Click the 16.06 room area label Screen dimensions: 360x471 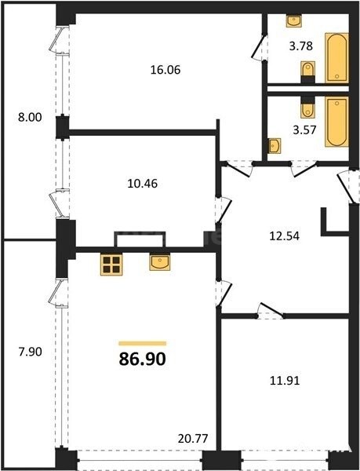click(x=165, y=70)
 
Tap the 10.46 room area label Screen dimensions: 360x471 click(x=143, y=183)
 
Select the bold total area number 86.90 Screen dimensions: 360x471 click(x=143, y=359)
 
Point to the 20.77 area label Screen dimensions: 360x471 click(x=193, y=439)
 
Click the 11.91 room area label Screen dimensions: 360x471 click(x=285, y=381)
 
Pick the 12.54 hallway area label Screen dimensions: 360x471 click(x=285, y=235)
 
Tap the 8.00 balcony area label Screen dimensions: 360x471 click(x=30, y=117)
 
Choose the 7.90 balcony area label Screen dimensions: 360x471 click(x=31, y=352)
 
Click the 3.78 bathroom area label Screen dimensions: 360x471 click(x=301, y=46)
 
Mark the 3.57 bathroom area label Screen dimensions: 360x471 click(x=304, y=130)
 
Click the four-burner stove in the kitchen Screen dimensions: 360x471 click(x=111, y=265)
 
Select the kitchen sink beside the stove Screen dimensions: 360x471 click(x=160, y=262)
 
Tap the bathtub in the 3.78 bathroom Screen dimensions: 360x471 click(x=336, y=58)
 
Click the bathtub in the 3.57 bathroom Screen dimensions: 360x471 click(x=336, y=122)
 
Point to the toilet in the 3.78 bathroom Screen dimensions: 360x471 click(x=307, y=71)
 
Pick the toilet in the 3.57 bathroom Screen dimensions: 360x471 click(x=307, y=108)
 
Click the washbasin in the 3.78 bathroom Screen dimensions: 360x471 click(x=293, y=21)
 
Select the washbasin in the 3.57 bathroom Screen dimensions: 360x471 click(x=275, y=146)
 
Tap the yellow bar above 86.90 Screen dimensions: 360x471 click(x=143, y=343)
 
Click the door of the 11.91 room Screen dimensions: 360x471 click(x=271, y=309)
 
